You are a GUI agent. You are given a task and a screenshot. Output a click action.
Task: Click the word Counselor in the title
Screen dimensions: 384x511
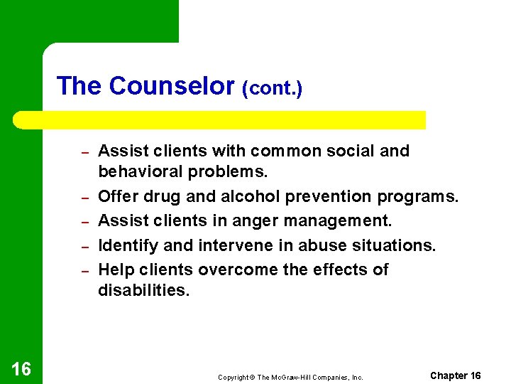[x=172, y=87]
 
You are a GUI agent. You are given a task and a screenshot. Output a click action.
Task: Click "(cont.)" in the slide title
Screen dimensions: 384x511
[x=273, y=90]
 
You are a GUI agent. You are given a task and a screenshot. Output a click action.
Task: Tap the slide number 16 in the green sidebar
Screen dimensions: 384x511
[x=21, y=368]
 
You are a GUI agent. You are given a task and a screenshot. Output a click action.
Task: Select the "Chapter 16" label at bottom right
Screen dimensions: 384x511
[x=455, y=375]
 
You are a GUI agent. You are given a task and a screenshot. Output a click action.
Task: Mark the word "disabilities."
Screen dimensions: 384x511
[x=144, y=290]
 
